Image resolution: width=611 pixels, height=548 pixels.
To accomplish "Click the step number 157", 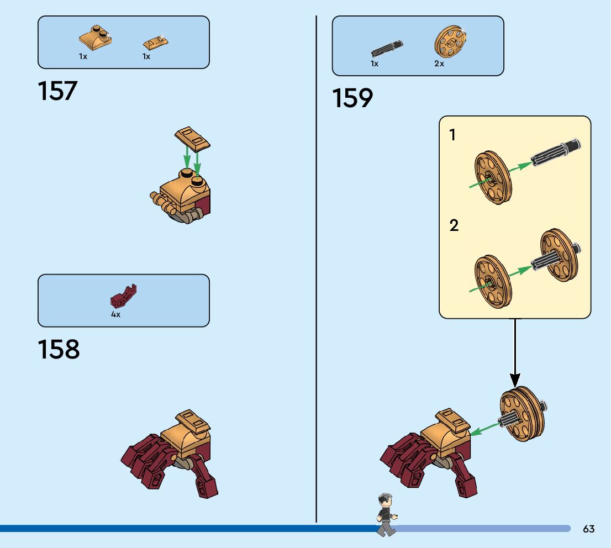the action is click(57, 91).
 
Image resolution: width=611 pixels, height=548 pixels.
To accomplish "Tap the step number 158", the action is click(59, 350).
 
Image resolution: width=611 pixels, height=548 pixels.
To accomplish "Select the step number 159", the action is click(352, 98).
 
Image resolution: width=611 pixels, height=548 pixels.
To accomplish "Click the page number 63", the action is click(589, 529).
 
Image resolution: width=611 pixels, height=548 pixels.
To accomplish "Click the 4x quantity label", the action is click(115, 314).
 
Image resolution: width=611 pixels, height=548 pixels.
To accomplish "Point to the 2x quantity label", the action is click(439, 64).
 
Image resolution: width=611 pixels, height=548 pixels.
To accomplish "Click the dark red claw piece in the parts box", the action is click(123, 297).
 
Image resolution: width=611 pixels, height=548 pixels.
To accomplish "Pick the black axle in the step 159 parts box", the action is click(387, 49).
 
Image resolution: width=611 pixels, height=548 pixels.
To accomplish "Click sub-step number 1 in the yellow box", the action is click(453, 135).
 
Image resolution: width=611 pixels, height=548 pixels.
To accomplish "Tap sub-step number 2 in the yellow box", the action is click(454, 225).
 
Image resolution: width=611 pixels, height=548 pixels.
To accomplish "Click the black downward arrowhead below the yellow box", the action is click(515, 380).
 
